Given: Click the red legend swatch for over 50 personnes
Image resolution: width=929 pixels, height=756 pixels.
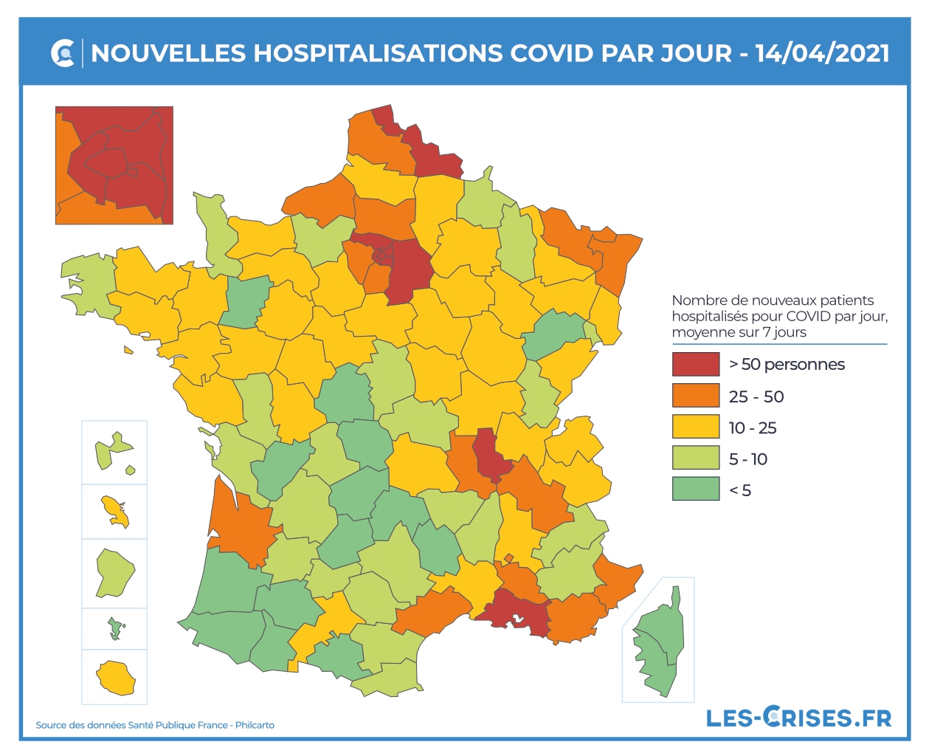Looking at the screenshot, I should click(695, 364).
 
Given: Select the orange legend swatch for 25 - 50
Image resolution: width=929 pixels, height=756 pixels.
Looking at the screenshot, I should click(695, 396).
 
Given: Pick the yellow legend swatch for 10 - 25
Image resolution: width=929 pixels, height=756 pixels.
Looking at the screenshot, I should click(695, 427).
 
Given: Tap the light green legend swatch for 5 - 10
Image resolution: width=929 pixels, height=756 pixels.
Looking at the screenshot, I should click(695, 458).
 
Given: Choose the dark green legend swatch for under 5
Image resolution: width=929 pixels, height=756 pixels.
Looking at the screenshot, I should click(695, 489).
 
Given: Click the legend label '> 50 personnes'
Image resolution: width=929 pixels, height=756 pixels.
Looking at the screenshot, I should click(787, 364).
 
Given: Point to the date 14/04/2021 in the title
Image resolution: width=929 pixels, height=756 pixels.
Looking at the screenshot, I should click(822, 53).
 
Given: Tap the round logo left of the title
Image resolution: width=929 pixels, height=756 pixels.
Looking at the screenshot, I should click(63, 53).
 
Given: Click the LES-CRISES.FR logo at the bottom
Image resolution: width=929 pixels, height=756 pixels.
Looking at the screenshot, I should click(798, 717).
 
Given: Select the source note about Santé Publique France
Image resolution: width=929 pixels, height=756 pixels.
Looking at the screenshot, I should click(155, 725).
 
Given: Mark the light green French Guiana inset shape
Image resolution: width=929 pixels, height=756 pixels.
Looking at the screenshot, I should click(114, 571).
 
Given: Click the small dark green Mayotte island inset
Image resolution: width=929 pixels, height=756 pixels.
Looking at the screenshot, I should click(114, 628).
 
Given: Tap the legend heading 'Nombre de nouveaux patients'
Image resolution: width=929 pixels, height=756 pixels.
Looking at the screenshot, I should click(773, 300).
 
